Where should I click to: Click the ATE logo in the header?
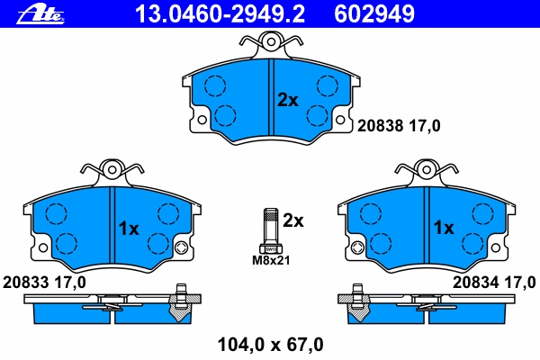click(40, 14)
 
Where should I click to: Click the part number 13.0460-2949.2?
click(220, 14)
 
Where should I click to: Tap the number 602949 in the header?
click(374, 14)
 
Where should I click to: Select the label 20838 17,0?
click(399, 126)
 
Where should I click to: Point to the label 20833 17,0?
click(44, 283)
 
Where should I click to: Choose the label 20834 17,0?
click(494, 283)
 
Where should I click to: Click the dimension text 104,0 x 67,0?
click(270, 345)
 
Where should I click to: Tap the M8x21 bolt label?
click(271, 260)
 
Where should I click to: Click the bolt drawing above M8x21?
click(271, 230)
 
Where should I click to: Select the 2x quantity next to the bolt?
click(293, 220)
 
